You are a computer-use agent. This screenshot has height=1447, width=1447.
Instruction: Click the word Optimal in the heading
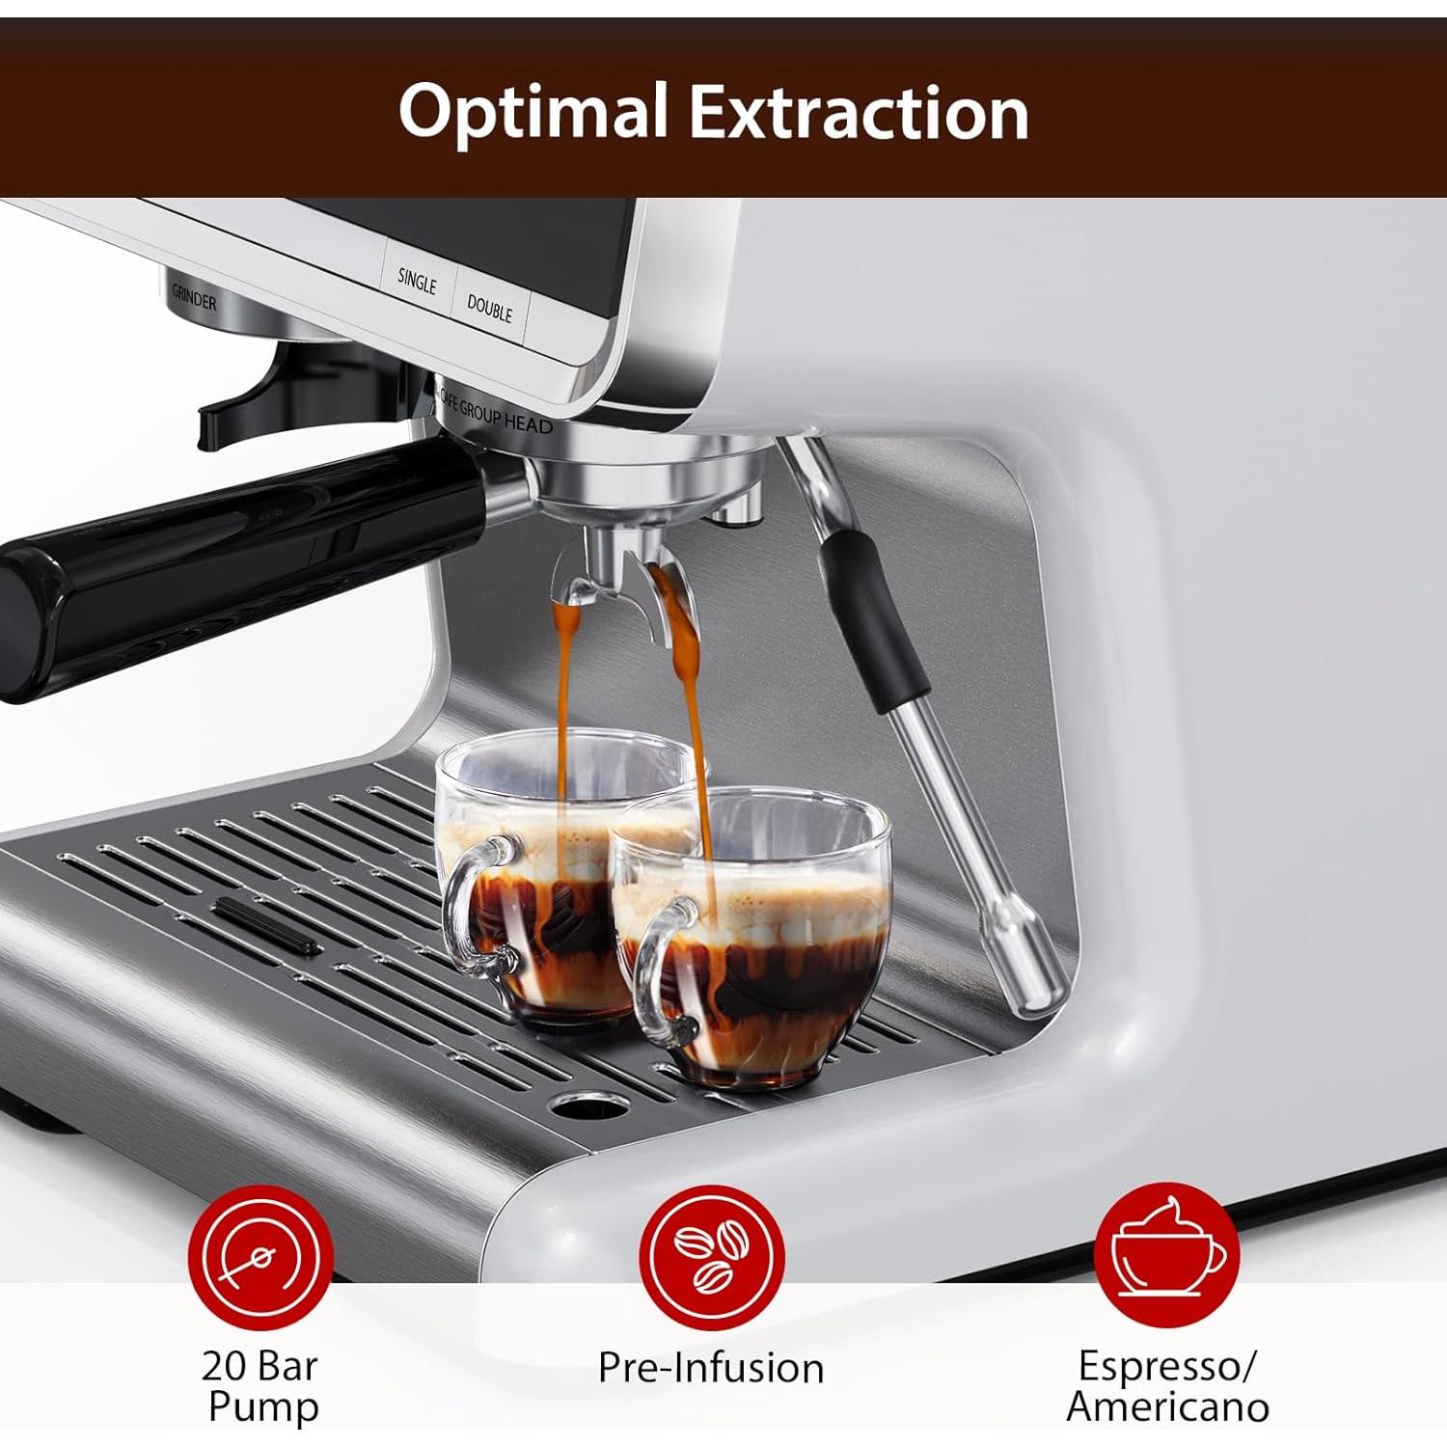(532, 112)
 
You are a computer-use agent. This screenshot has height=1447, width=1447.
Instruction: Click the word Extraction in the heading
(859, 112)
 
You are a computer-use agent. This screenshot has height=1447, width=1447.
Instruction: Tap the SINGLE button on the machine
(417, 281)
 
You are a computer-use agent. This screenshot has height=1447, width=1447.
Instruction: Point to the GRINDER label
(194, 299)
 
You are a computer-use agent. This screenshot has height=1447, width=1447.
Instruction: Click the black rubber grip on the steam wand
(873, 611)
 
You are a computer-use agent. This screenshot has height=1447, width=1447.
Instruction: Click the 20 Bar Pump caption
(260, 1386)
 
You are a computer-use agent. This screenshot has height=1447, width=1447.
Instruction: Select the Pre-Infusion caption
(711, 1368)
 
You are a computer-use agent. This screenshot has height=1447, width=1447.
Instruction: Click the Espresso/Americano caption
(1167, 1386)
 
